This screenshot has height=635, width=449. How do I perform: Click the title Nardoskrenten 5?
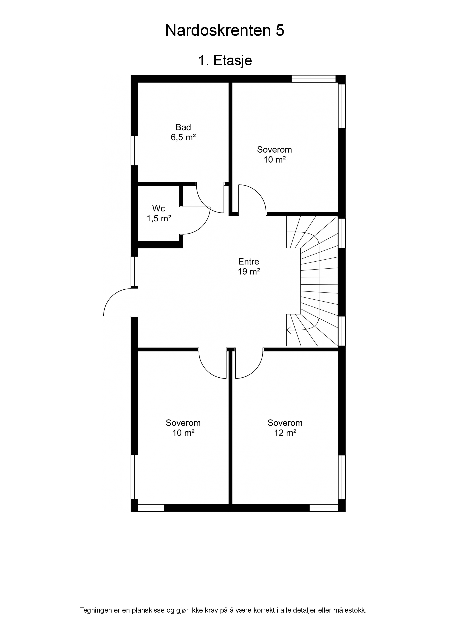click(225, 30)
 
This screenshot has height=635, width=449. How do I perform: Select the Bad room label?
click(183, 127)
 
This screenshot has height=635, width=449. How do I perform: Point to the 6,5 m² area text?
click(183, 137)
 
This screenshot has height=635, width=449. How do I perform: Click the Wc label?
click(159, 208)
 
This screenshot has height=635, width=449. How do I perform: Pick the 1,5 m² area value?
click(159, 218)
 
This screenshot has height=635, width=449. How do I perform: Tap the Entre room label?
click(249, 261)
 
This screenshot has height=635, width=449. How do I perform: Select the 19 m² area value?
click(249, 272)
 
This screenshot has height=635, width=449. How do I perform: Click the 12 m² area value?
click(285, 433)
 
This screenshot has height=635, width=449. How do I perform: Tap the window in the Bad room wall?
click(135, 150)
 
